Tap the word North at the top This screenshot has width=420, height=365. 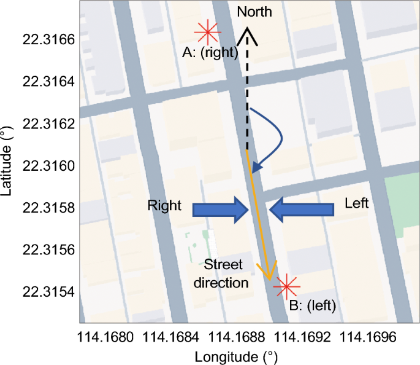coord(254,12)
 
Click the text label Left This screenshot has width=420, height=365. coord(356,203)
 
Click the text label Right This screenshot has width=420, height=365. coord(164,206)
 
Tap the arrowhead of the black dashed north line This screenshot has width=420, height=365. coord(248,34)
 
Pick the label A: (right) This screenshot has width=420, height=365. coord(210,53)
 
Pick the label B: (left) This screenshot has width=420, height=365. coord(313,302)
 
